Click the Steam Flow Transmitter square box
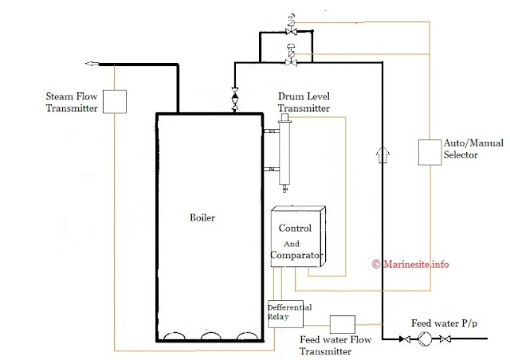pyautogui.click(x=116, y=100)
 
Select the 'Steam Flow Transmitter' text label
pyautogui.click(x=72, y=102)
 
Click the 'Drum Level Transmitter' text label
pyautogui.click(x=304, y=102)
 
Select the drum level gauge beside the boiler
pyautogui.click(x=283, y=151)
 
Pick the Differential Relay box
pyautogui.click(x=285, y=313)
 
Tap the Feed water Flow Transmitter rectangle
pyautogui.click(x=342, y=324)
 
